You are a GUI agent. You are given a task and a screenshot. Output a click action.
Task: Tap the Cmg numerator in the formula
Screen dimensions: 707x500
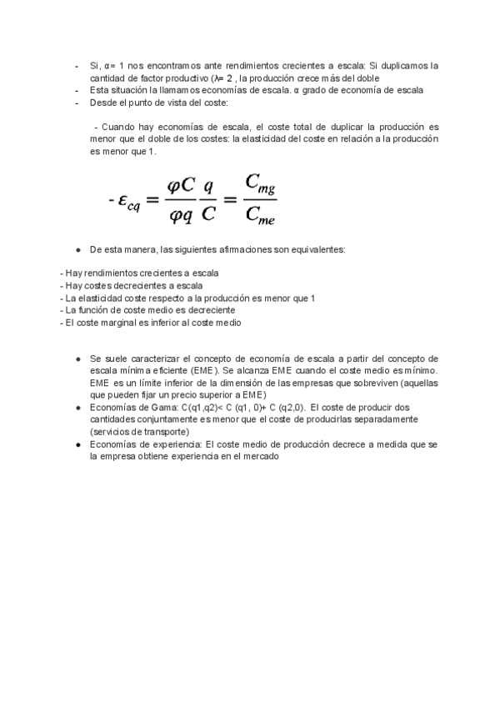point(261,184)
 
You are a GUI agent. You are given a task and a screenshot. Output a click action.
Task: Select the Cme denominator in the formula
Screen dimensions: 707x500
point(261,217)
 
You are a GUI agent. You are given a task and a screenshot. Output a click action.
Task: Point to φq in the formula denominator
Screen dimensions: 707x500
point(181,217)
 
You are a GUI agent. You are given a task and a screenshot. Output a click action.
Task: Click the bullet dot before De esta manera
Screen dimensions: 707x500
point(77,249)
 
